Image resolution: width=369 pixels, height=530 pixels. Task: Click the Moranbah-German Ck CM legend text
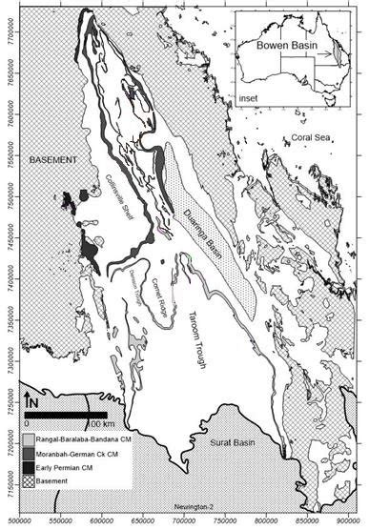(x=75, y=452)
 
